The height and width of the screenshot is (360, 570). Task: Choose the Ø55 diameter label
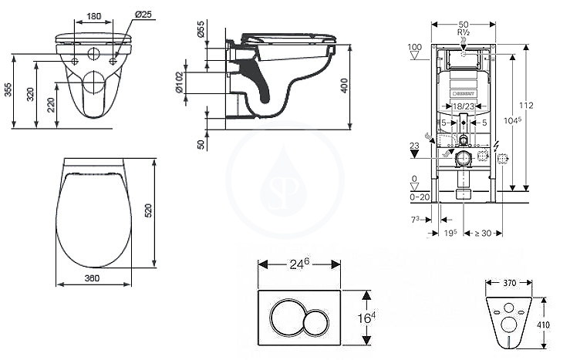[200, 31]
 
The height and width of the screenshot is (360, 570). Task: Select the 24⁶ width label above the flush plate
[299, 263]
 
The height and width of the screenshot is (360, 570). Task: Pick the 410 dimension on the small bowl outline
[543, 325]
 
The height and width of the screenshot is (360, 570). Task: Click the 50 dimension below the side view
[201, 143]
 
